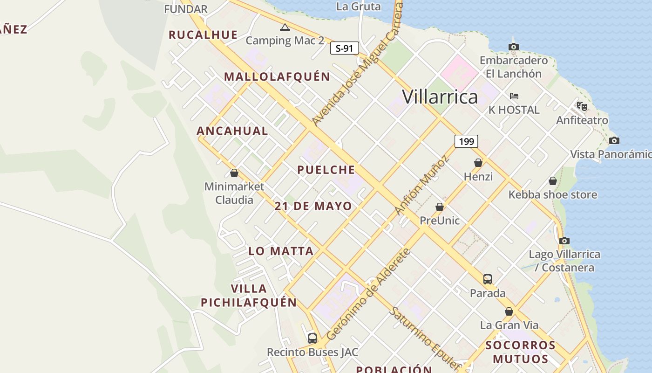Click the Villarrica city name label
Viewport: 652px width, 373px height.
(440, 97)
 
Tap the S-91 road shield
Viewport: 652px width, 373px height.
(345, 48)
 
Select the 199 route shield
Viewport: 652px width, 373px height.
(466, 141)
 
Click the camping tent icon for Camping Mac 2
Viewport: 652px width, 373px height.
(285, 28)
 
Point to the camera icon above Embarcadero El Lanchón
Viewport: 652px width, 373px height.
(514, 47)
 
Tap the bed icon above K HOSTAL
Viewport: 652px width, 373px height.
(514, 96)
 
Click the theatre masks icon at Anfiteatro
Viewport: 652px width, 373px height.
(582, 106)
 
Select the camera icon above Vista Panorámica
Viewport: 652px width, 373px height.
(614, 140)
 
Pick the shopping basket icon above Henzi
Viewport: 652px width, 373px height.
(478, 163)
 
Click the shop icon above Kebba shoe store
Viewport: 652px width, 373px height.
(553, 181)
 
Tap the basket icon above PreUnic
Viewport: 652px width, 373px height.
(440, 207)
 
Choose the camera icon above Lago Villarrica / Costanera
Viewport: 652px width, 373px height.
(564, 241)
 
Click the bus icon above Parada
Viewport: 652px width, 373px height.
(488, 279)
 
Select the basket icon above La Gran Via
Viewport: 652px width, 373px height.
(509, 311)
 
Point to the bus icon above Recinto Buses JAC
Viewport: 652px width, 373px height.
(312, 338)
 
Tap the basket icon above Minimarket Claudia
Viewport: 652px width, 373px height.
(234, 173)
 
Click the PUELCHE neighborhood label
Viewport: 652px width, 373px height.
(326, 170)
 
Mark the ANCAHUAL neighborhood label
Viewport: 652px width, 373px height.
(232, 131)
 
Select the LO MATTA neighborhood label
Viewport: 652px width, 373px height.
(281, 251)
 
